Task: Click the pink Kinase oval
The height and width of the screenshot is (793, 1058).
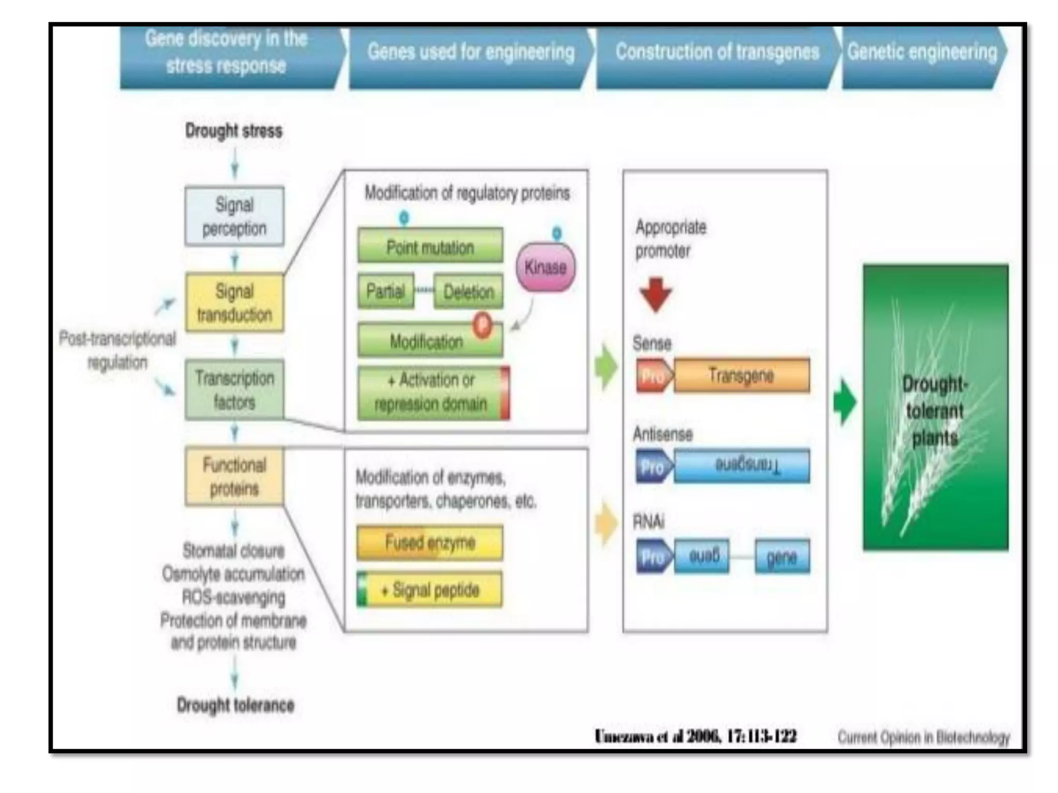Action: (546, 267)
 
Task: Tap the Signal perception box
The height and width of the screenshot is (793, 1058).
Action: (234, 216)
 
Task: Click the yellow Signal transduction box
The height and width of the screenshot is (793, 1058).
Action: (234, 303)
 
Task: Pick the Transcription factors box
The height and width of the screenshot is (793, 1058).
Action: (234, 390)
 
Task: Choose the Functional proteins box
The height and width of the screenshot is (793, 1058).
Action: (234, 476)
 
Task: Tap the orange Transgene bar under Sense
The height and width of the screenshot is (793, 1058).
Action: (741, 375)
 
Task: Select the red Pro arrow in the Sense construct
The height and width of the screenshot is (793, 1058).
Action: (654, 376)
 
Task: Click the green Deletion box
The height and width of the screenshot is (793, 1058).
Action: (469, 292)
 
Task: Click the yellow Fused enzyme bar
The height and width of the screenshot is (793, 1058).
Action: (430, 543)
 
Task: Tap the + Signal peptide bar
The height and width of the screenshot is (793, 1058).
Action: (430, 590)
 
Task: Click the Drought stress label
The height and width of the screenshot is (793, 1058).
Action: (234, 131)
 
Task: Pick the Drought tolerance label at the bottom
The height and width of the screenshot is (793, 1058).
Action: (236, 705)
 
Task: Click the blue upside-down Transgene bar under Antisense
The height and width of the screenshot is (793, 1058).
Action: (741, 466)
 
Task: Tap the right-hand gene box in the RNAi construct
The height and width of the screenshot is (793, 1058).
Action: (782, 557)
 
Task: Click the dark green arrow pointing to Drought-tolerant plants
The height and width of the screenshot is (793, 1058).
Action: (845, 402)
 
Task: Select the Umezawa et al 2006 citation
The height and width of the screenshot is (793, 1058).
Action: (695, 736)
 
